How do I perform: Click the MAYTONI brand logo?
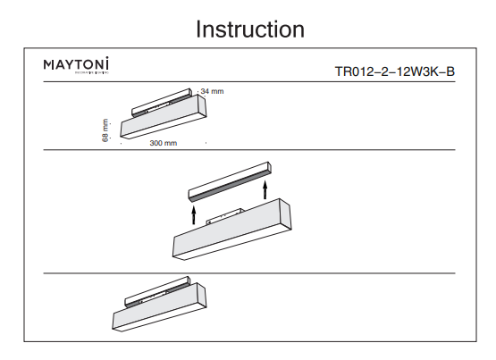[76, 65]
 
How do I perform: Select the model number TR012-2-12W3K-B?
[394, 71]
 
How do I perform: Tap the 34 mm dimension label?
[212, 91]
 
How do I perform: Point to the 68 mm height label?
[105, 130]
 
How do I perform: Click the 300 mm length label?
[164, 143]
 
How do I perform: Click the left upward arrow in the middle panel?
[193, 213]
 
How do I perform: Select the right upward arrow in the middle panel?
[265, 189]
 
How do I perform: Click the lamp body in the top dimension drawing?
[156, 120]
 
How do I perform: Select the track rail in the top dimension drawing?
[161, 100]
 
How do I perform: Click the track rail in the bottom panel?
[161, 296]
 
